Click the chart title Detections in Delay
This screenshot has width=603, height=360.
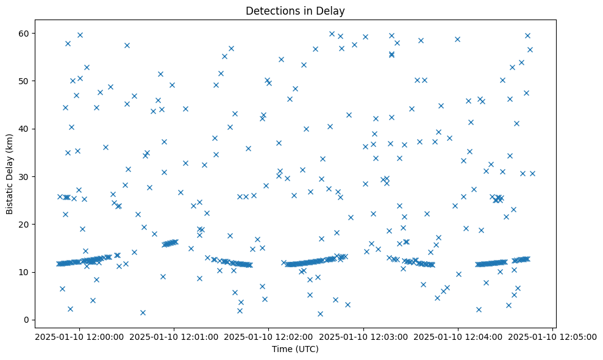coord(295,11)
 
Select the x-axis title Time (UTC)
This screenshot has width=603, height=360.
coord(295,350)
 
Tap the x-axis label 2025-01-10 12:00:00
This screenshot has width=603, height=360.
coord(79,336)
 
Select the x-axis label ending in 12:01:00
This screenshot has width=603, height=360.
coord(174,336)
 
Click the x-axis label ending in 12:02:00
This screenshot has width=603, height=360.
coord(269,336)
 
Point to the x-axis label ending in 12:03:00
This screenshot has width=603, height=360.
coord(363,336)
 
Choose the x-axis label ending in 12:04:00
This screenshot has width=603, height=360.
coord(458,336)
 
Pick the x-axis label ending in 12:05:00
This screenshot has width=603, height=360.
coord(553,336)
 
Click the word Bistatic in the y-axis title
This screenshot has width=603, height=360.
coord(10,195)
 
